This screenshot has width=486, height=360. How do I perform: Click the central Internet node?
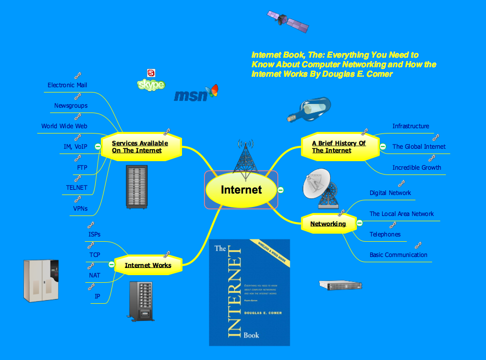(241, 190)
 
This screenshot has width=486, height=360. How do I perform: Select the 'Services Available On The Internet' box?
(140, 147)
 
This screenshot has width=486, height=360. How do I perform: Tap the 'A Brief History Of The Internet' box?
(339, 147)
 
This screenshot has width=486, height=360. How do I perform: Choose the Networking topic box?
(328, 224)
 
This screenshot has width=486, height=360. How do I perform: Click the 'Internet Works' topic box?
(148, 265)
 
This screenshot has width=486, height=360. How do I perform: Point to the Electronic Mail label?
(67, 85)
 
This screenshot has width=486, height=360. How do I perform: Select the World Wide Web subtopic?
(64, 126)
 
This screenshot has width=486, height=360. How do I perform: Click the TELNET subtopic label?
(77, 187)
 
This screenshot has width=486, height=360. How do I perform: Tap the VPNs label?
(80, 208)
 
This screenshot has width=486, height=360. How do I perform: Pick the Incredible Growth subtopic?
(416, 167)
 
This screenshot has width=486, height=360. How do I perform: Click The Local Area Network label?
(402, 214)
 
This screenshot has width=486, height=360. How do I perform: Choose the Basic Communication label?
(398, 255)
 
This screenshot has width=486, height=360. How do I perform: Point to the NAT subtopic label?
(94, 275)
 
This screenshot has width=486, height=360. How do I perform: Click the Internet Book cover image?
(249, 292)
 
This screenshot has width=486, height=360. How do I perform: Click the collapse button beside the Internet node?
(281, 190)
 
